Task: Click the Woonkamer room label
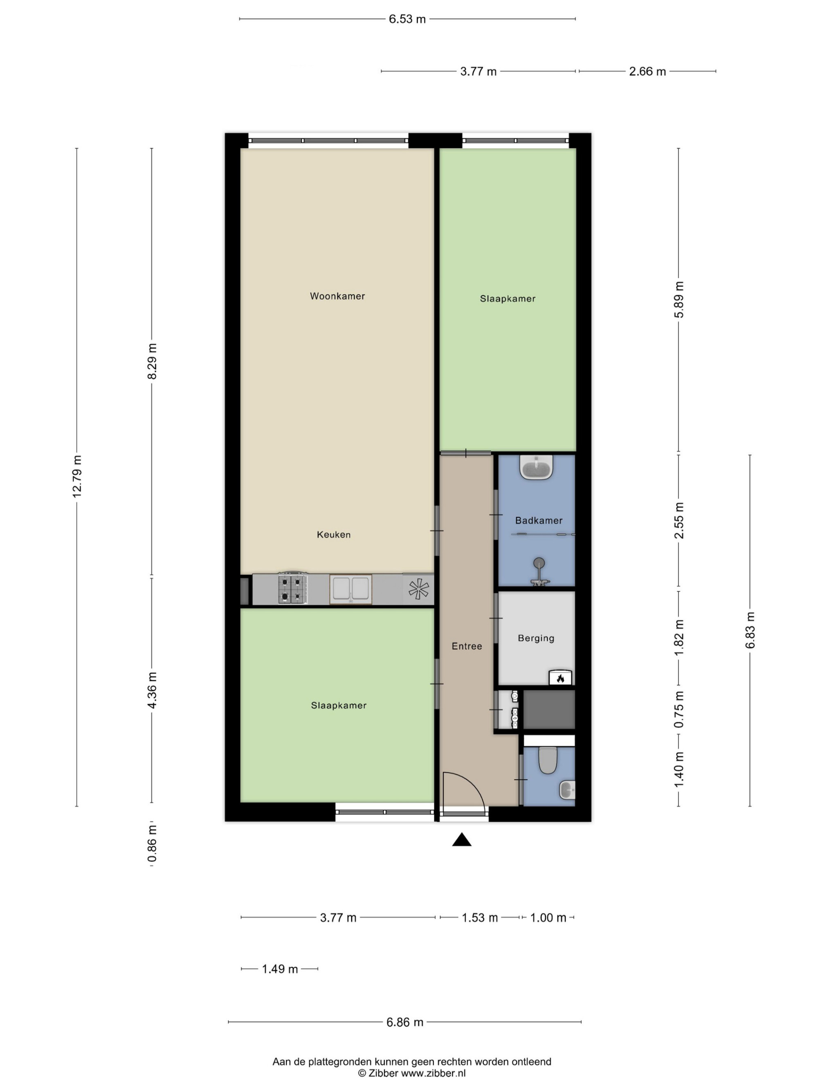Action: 337,296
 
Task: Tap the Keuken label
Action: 334,534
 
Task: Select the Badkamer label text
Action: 538,520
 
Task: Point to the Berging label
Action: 536,638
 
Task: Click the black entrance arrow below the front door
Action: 461,839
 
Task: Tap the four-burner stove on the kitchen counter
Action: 293,588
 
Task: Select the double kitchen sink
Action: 351,589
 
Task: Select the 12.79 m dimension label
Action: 77,477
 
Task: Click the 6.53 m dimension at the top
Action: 407,19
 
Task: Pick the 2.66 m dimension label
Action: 647,72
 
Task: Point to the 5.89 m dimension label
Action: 679,300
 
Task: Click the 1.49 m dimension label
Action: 280,969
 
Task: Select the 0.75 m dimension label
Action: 679,709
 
